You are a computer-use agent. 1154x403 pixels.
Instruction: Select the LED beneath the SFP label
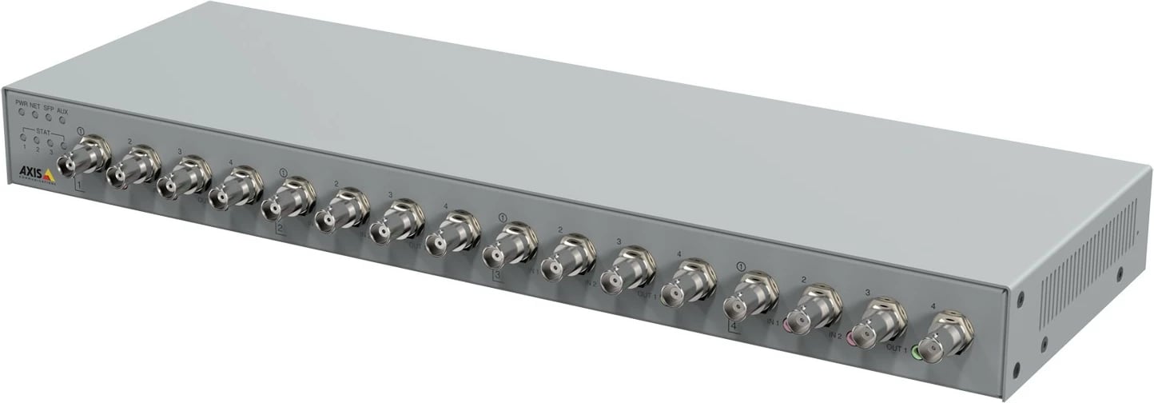point(50,118)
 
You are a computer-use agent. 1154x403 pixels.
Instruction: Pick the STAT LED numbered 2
point(37,141)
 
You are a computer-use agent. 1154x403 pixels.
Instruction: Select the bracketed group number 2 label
point(280,229)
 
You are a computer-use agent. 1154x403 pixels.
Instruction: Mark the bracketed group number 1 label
point(78,186)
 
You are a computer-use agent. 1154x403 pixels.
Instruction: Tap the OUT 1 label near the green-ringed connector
point(897,349)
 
